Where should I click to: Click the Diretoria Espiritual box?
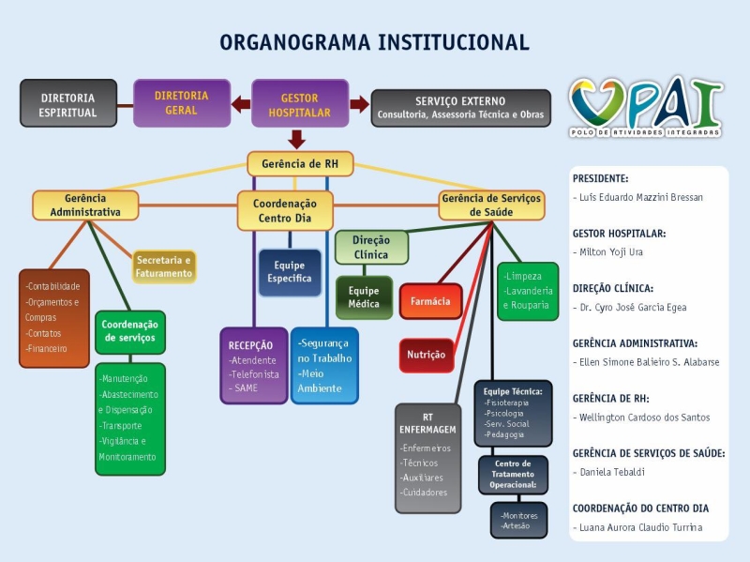pyautogui.click(x=68, y=104)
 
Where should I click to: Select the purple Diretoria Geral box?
pyautogui.click(x=181, y=102)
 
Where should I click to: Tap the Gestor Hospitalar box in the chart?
pyautogui.click(x=300, y=104)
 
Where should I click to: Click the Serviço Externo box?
pyautogui.click(x=460, y=107)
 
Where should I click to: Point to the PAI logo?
pyautogui.click(x=646, y=108)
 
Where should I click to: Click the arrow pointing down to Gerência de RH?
pyautogui.click(x=297, y=140)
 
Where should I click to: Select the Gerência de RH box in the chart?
pyautogui.click(x=299, y=164)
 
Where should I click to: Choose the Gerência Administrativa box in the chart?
pyautogui.click(x=85, y=205)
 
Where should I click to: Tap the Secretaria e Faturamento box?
pyautogui.click(x=164, y=266)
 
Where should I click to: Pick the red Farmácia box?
pyautogui.click(x=430, y=301)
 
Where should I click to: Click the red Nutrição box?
pyautogui.click(x=427, y=355)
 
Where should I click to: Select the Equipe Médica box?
pyautogui.click(x=364, y=297)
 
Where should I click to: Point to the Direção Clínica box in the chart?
pyautogui.click(x=371, y=247)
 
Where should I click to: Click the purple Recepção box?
pyautogui.click(x=253, y=365)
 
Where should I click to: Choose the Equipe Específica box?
pyautogui.click(x=290, y=272)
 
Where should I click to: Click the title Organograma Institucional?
pyautogui.click(x=374, y=43)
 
